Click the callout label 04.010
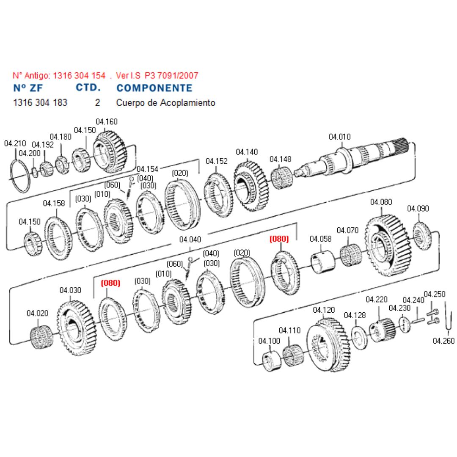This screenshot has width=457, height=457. [x=339, y=137]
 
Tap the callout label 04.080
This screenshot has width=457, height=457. [x=381, y=202]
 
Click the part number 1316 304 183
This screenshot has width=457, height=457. [x=40, y=102]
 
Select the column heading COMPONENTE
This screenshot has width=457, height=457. [x=154, y=88]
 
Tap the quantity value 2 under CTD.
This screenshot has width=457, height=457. [x=98, y=102]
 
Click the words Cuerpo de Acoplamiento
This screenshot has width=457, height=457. [x=165, y=102]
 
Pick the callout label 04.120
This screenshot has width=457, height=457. [x=324, y=310]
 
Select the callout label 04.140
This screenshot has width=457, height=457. [x=247, y=152]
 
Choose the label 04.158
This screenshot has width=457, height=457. [x=54, y=204]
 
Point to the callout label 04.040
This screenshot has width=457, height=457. [x=190, y=240]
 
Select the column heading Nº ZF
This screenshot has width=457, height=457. [x=28, y=88]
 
